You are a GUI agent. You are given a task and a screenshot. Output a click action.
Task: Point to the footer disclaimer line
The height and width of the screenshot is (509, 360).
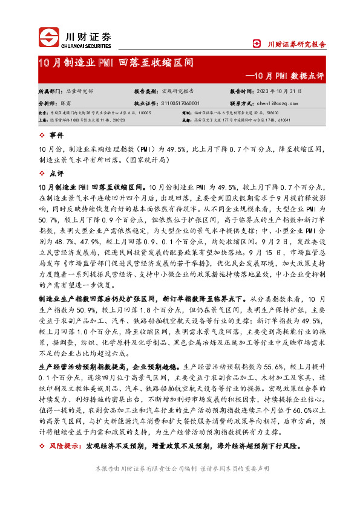[x=179, y=468]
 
